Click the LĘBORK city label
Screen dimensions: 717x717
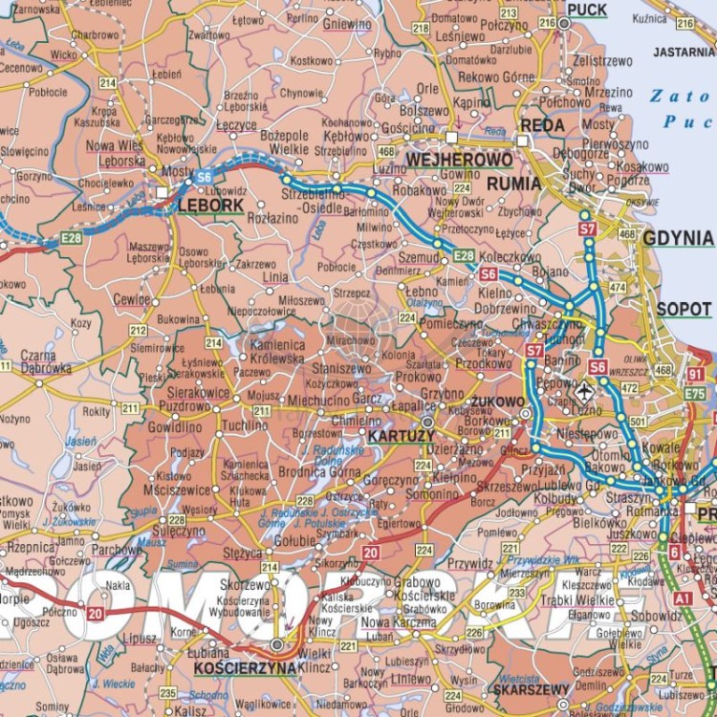click(209, 204)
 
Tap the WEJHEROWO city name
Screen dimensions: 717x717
click(445, 159)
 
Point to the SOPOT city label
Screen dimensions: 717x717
click(684, 310)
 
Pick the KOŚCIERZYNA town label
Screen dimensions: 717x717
click(245, 668)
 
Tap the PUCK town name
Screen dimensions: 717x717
click(586, 10)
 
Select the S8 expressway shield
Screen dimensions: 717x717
click(597, 366)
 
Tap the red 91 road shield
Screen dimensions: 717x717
click(695, 374)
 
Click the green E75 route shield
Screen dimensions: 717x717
click(694, 394)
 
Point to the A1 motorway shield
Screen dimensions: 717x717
click(683, 597)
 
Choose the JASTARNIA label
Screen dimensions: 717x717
click(684, 52)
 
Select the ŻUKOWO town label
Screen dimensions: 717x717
click(498, 402)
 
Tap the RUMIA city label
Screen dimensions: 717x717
click(513, 184)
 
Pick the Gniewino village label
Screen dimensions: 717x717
click(347, 24)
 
